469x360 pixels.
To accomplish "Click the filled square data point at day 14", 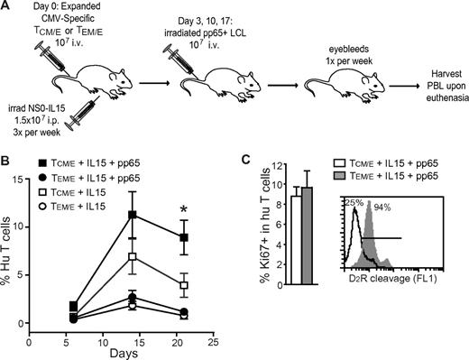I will tap(133, 216).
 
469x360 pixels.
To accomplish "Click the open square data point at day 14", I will tap(133, 257).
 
